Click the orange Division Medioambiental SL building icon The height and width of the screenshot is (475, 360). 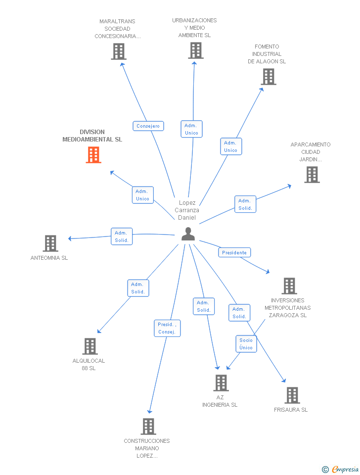(x=93, y=155)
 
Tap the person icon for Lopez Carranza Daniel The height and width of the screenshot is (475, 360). (x=188, y=234)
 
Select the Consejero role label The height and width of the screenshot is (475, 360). (x=148, y=126)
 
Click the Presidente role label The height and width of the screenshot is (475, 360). (x=234, y=252)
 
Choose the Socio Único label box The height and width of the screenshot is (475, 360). (x=246, y=344)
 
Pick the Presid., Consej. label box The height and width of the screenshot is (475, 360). (x=167, y=328)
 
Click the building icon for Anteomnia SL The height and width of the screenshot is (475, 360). (x=50, y=243)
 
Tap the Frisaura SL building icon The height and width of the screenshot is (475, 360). (x=292, y=395)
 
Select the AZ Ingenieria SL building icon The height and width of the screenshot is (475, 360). (x=221, y=383)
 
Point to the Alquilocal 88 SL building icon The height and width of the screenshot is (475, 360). (x=90, y=346)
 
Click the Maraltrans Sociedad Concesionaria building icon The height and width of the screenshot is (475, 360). (x=119, y=51)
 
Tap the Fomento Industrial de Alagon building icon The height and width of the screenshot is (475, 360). (x=269, y=77)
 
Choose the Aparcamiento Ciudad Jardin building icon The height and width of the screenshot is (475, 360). (x=312, y=175)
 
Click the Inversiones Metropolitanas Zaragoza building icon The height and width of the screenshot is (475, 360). (x=289, y=286)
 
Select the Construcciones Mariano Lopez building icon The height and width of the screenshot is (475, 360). (x=148, y=427)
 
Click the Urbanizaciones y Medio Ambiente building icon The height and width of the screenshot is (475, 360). (x=196, y=50)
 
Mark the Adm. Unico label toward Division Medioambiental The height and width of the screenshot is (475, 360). (x=142, y=195)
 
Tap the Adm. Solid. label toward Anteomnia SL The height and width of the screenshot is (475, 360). (x=122, y=237)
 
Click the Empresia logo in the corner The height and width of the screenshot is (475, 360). (x=340, y=469)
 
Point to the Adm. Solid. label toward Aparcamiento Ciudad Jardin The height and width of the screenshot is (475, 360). (x=245, y=204)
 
